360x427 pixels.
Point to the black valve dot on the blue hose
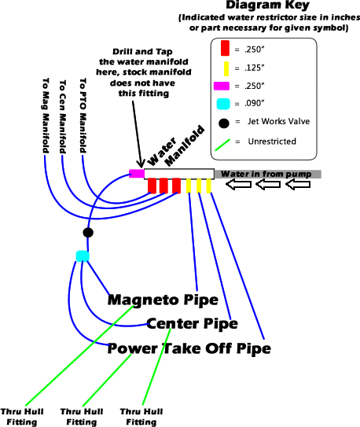88,232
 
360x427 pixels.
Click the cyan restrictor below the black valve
83,256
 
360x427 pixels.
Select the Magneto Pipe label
163,299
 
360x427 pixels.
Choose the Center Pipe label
192,323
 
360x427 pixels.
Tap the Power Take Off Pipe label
189,348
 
